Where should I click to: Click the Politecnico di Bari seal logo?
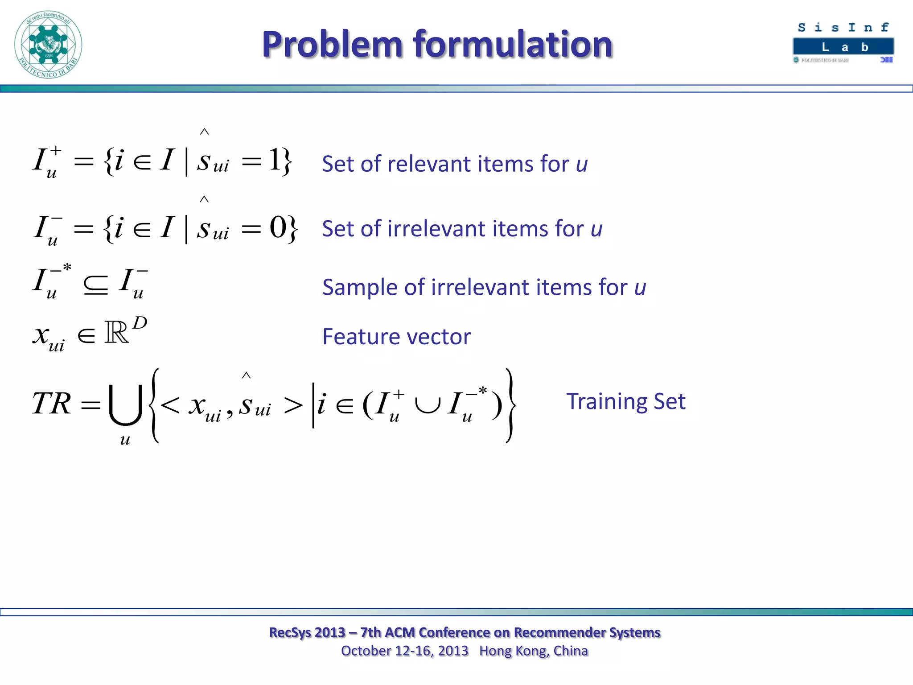48,45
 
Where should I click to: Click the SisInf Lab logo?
843,43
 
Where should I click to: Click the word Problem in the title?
333,45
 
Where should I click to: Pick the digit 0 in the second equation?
277,228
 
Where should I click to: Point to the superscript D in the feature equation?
140,322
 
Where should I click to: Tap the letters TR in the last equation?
51,404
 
